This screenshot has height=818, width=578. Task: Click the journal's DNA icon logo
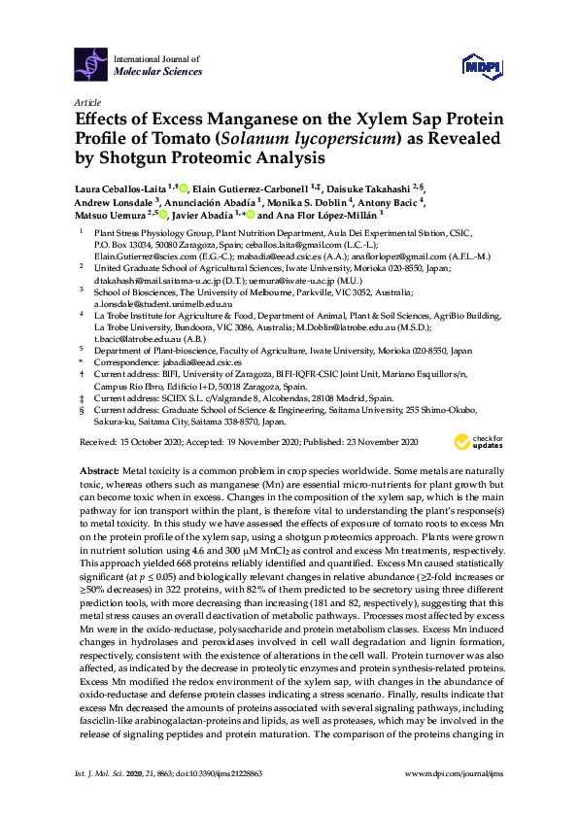91,63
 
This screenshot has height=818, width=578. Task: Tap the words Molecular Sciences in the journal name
158,71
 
